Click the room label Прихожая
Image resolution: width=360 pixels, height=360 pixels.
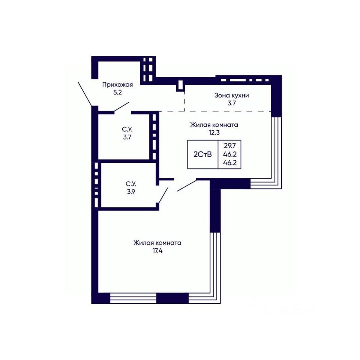(117, 85)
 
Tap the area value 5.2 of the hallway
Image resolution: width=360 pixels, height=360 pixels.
(117, 93)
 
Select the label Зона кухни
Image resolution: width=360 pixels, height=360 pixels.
(232, 96)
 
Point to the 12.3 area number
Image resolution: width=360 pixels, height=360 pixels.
(214, 132)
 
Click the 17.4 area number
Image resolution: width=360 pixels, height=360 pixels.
(157, 251)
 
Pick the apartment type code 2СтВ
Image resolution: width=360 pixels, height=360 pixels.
(202, 154)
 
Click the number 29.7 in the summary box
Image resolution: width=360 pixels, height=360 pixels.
(229, 145)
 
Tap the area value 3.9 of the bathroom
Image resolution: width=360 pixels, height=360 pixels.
(131, 192)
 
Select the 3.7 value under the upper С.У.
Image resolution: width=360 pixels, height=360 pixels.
(127, 137)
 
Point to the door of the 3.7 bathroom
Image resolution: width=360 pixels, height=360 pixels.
(121, 107)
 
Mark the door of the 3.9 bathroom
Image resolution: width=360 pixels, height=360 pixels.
(163, 195)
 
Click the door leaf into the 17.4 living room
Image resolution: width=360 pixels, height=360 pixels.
(187, 185)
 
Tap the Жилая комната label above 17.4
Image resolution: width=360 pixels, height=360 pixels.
(157, 243)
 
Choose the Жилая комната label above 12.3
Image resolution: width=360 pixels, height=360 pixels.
(214, 125)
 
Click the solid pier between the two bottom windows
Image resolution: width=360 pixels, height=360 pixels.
(172, 298)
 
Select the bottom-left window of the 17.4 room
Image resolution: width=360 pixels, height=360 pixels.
(133, 298)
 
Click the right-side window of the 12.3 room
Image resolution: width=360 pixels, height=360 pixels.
(276, 148)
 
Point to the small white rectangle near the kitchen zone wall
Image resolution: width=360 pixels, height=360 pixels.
(180, 85)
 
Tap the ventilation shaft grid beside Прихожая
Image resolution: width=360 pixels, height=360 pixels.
(148, 69)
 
